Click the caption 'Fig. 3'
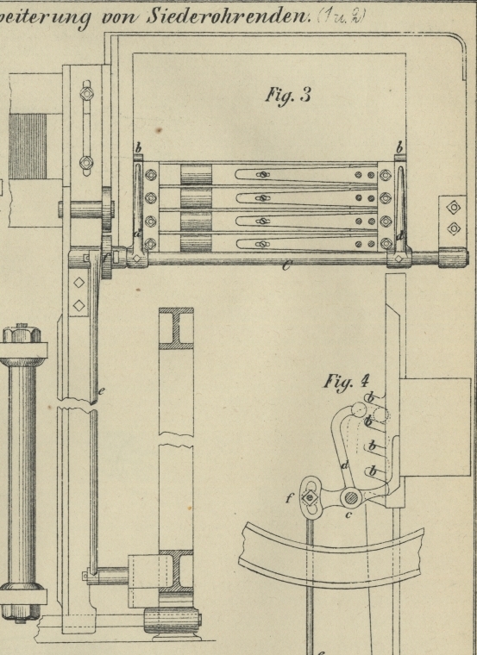point(288,96)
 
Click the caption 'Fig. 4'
point(347,382)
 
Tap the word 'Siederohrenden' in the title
point(229,16)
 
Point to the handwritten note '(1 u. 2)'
point(342,16)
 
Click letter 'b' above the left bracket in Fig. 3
point(138,148)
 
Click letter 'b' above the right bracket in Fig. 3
point(399,148)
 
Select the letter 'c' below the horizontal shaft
point(286,265)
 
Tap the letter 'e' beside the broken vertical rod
point(101,391)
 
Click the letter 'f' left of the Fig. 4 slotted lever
point(289,497)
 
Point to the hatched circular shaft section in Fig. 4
point(350,497)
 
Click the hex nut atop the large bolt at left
point(22,334)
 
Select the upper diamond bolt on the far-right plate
point(454,208)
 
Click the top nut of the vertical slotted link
point(86,94)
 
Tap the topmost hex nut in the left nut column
point(151,175)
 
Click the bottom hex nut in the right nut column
point(386,243)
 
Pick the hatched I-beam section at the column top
point(176,328)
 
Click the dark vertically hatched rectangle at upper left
point(28,147)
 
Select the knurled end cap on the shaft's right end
point(453,258)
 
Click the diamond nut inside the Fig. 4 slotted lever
point(310,497)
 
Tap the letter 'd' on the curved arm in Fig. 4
point(345,465)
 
